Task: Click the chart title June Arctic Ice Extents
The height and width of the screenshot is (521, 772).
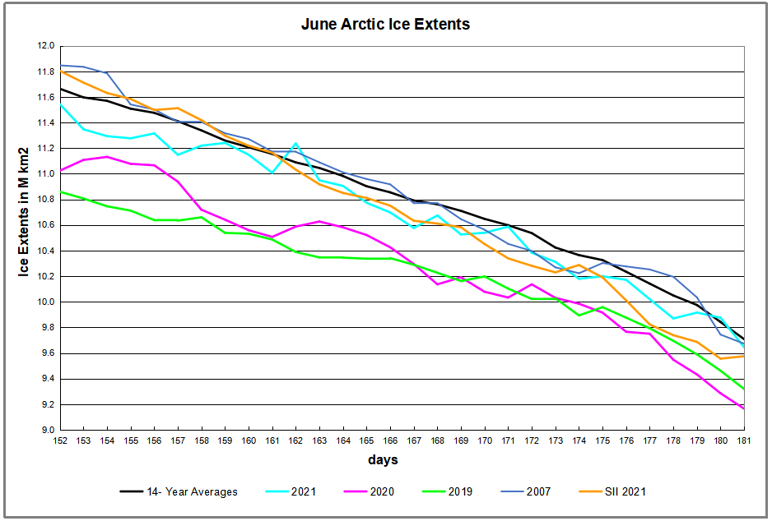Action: [385, 24]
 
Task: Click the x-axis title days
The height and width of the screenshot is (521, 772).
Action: [383, 459]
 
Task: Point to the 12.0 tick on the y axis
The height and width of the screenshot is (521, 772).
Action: [46, 46]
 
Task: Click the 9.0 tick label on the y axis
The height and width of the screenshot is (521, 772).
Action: [48, 431]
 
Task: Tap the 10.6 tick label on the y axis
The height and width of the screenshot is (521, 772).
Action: [46, 225]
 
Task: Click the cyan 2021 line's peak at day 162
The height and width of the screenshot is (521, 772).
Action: [296, 144]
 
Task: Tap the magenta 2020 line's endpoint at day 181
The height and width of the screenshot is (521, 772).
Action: [744, 408]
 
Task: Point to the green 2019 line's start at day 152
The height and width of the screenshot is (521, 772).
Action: [60, 191]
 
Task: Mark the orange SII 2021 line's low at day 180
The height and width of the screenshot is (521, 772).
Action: [721, 358]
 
